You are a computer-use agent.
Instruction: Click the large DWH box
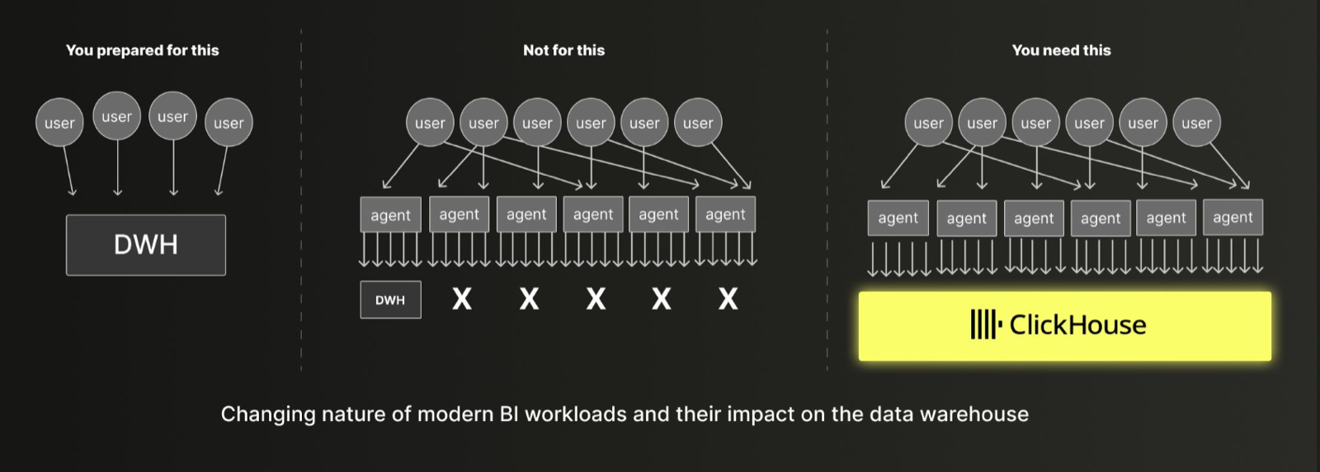[145, 244]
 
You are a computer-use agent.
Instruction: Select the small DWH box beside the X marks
[391, 300]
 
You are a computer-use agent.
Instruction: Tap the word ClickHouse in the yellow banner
[1077, 325]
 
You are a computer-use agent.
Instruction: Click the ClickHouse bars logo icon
[986, 324]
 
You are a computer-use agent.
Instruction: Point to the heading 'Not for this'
[564, 50]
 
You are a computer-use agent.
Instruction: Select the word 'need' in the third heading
[1060, 50]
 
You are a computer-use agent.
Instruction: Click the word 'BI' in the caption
[509, 413]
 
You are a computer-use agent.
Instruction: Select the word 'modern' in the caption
[455, 413]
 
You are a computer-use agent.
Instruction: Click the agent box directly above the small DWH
[391, 215]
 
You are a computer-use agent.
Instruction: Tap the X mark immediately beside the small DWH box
[462, 300]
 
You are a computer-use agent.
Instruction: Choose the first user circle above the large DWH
[59, 123]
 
